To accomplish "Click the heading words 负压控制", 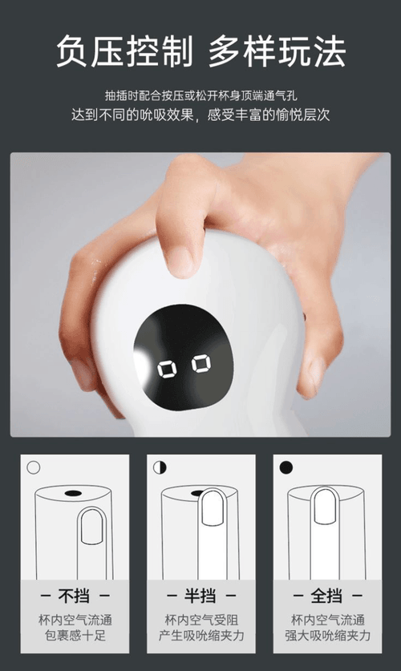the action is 124,51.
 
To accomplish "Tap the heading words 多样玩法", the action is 277,51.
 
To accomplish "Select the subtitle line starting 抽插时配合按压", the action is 200,95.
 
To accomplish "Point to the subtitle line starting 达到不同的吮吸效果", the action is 200,115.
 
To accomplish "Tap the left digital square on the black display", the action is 167,369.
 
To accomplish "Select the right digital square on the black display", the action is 201,364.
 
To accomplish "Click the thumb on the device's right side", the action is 314,372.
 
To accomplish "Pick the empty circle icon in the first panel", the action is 34,467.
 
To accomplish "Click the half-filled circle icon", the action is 160,467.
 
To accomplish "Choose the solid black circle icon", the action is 286,467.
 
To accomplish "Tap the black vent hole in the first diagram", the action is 73,493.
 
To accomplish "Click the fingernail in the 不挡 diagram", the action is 91,527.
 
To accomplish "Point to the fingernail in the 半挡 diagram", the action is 213,508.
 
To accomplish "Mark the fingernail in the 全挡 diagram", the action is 326,506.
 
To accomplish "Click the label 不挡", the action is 74,596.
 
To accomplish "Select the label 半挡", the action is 200,596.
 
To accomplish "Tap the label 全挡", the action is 326,596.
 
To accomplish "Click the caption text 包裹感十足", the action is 75,636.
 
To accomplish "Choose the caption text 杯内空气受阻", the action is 201,620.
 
